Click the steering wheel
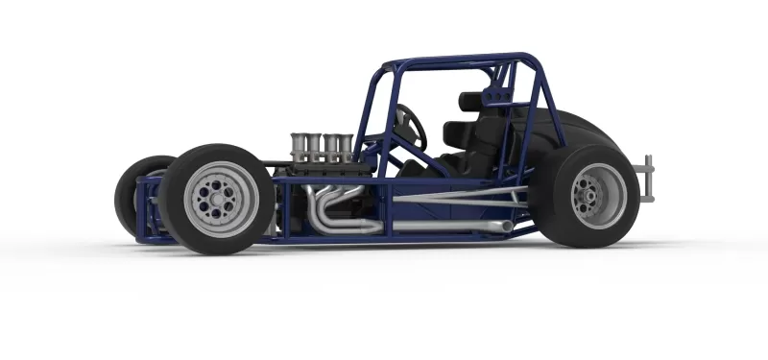coord(411,126)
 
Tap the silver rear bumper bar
coord(649,179)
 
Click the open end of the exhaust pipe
coord(505,226)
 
